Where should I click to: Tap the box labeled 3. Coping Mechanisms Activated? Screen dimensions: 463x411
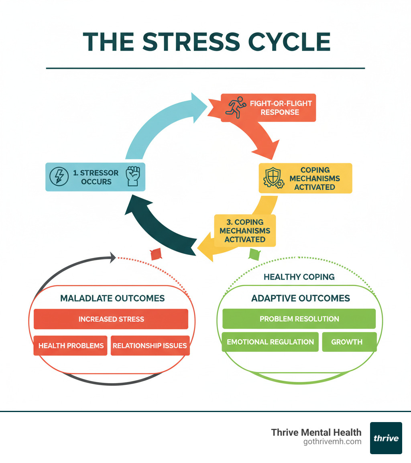tap(245, 231)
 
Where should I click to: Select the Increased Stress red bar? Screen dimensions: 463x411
tap(111, 319)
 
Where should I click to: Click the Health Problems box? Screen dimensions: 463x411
tap(71, 345)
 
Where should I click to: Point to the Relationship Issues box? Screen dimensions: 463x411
tap(150, 345)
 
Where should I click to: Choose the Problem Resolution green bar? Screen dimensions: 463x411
tap(299, 319)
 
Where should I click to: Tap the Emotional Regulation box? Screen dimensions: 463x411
tap(270, 342)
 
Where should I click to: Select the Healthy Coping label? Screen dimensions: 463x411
tap(299, 277)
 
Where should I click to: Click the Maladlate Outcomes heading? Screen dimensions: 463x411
tap(112, 298)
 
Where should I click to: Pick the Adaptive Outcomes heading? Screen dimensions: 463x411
tap(301, 298)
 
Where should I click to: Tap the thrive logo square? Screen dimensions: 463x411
tap(386, 438)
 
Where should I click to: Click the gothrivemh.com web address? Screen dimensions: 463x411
tap(333, 442)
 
